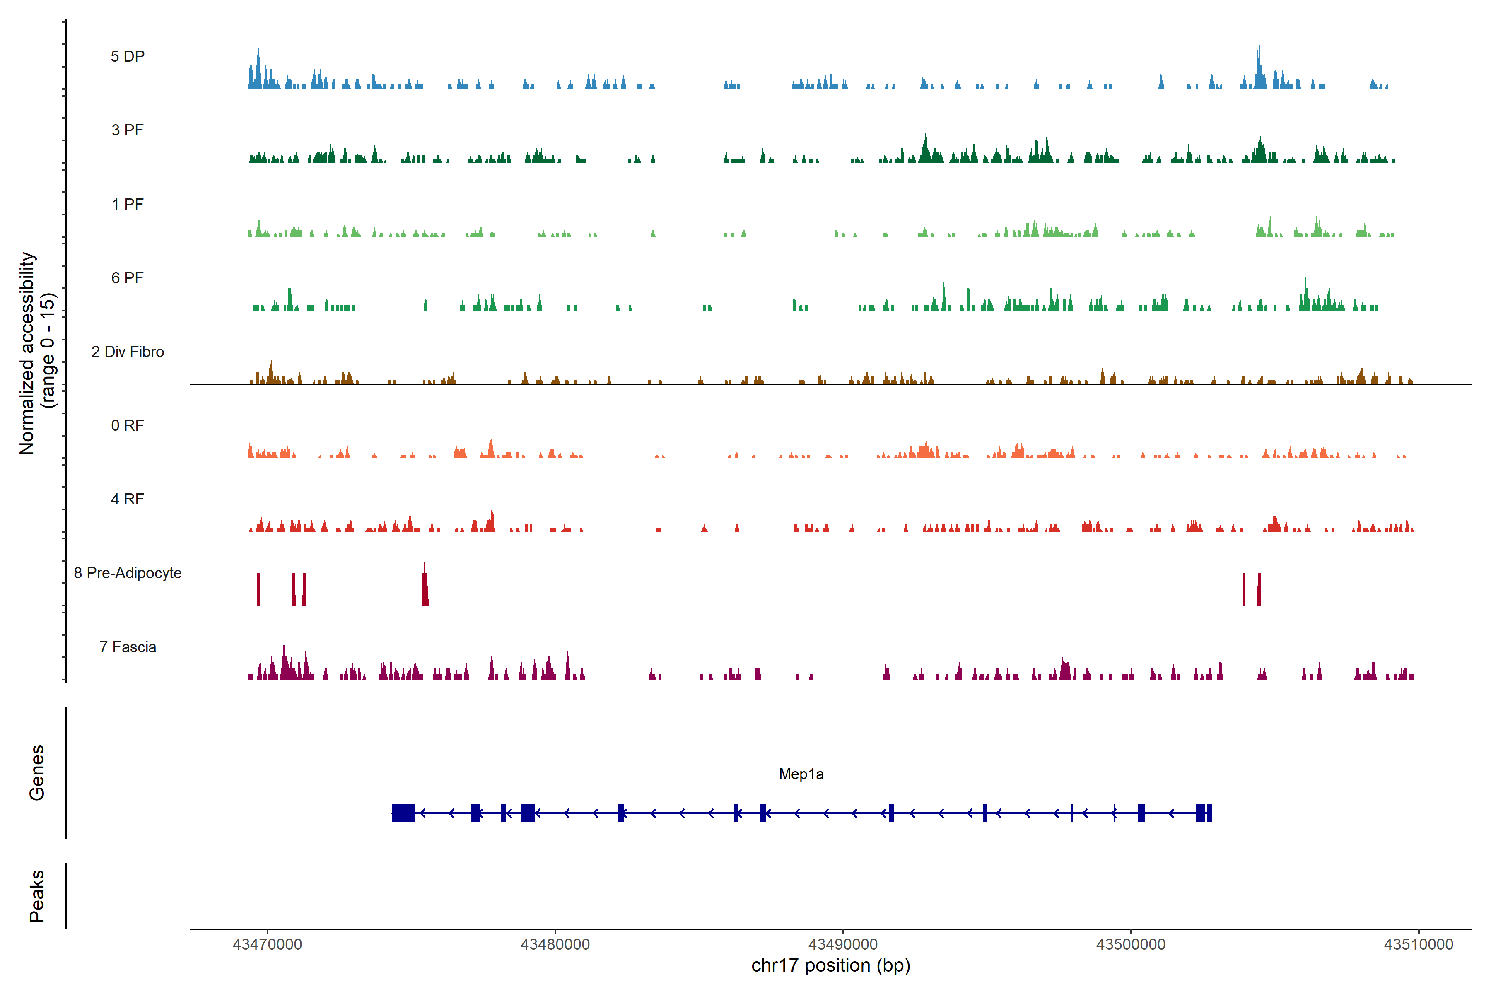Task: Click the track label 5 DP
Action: coord(128,56)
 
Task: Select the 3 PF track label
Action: coord(128,130)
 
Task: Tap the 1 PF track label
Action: coord(128,204)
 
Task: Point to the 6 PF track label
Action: coord(128,277)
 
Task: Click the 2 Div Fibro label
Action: coord(128,352)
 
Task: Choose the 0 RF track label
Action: coord(128,425)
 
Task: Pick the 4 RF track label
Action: coord(128,499)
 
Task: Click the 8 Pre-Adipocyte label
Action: coord(128,573)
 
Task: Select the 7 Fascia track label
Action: coord(128,647)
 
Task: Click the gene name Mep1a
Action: coord(801,774)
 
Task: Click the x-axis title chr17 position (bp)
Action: coord(830,965)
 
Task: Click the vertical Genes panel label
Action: coord(37,773)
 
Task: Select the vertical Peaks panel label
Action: coord(37,896)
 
